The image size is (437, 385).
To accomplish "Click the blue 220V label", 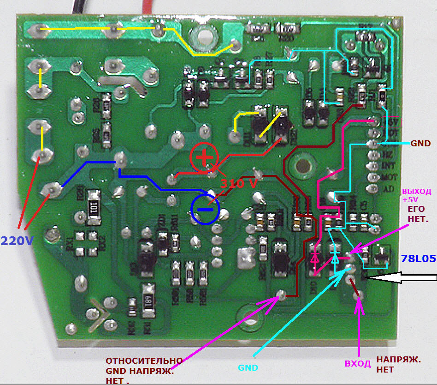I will pos(17,241).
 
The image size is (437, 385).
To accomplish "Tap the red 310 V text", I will pos(239,183).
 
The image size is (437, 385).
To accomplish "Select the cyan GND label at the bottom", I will pos(248,368).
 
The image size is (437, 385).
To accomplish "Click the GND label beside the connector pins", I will pos(420,144).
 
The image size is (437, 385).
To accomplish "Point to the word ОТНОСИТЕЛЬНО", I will pos(144,361).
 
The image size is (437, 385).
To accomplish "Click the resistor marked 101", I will pos(95,208).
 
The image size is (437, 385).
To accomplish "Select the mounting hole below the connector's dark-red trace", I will pos(302,166).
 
